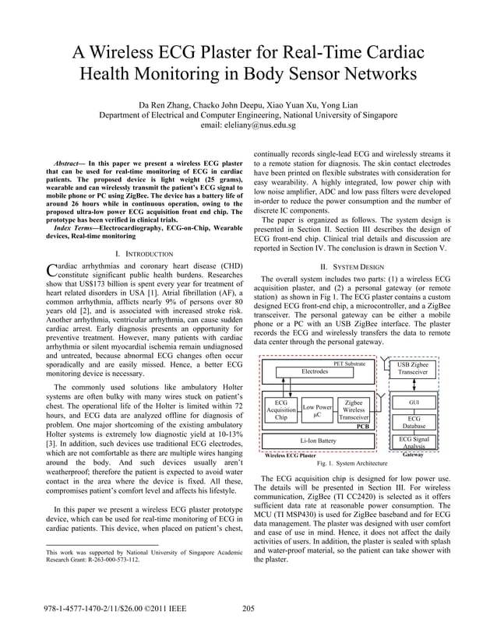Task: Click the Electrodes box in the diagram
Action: [x=315, y=372]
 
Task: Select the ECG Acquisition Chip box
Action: [x=281, y=410]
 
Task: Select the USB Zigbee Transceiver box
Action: [x=413, y=368]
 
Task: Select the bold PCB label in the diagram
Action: [x=362, y=427]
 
